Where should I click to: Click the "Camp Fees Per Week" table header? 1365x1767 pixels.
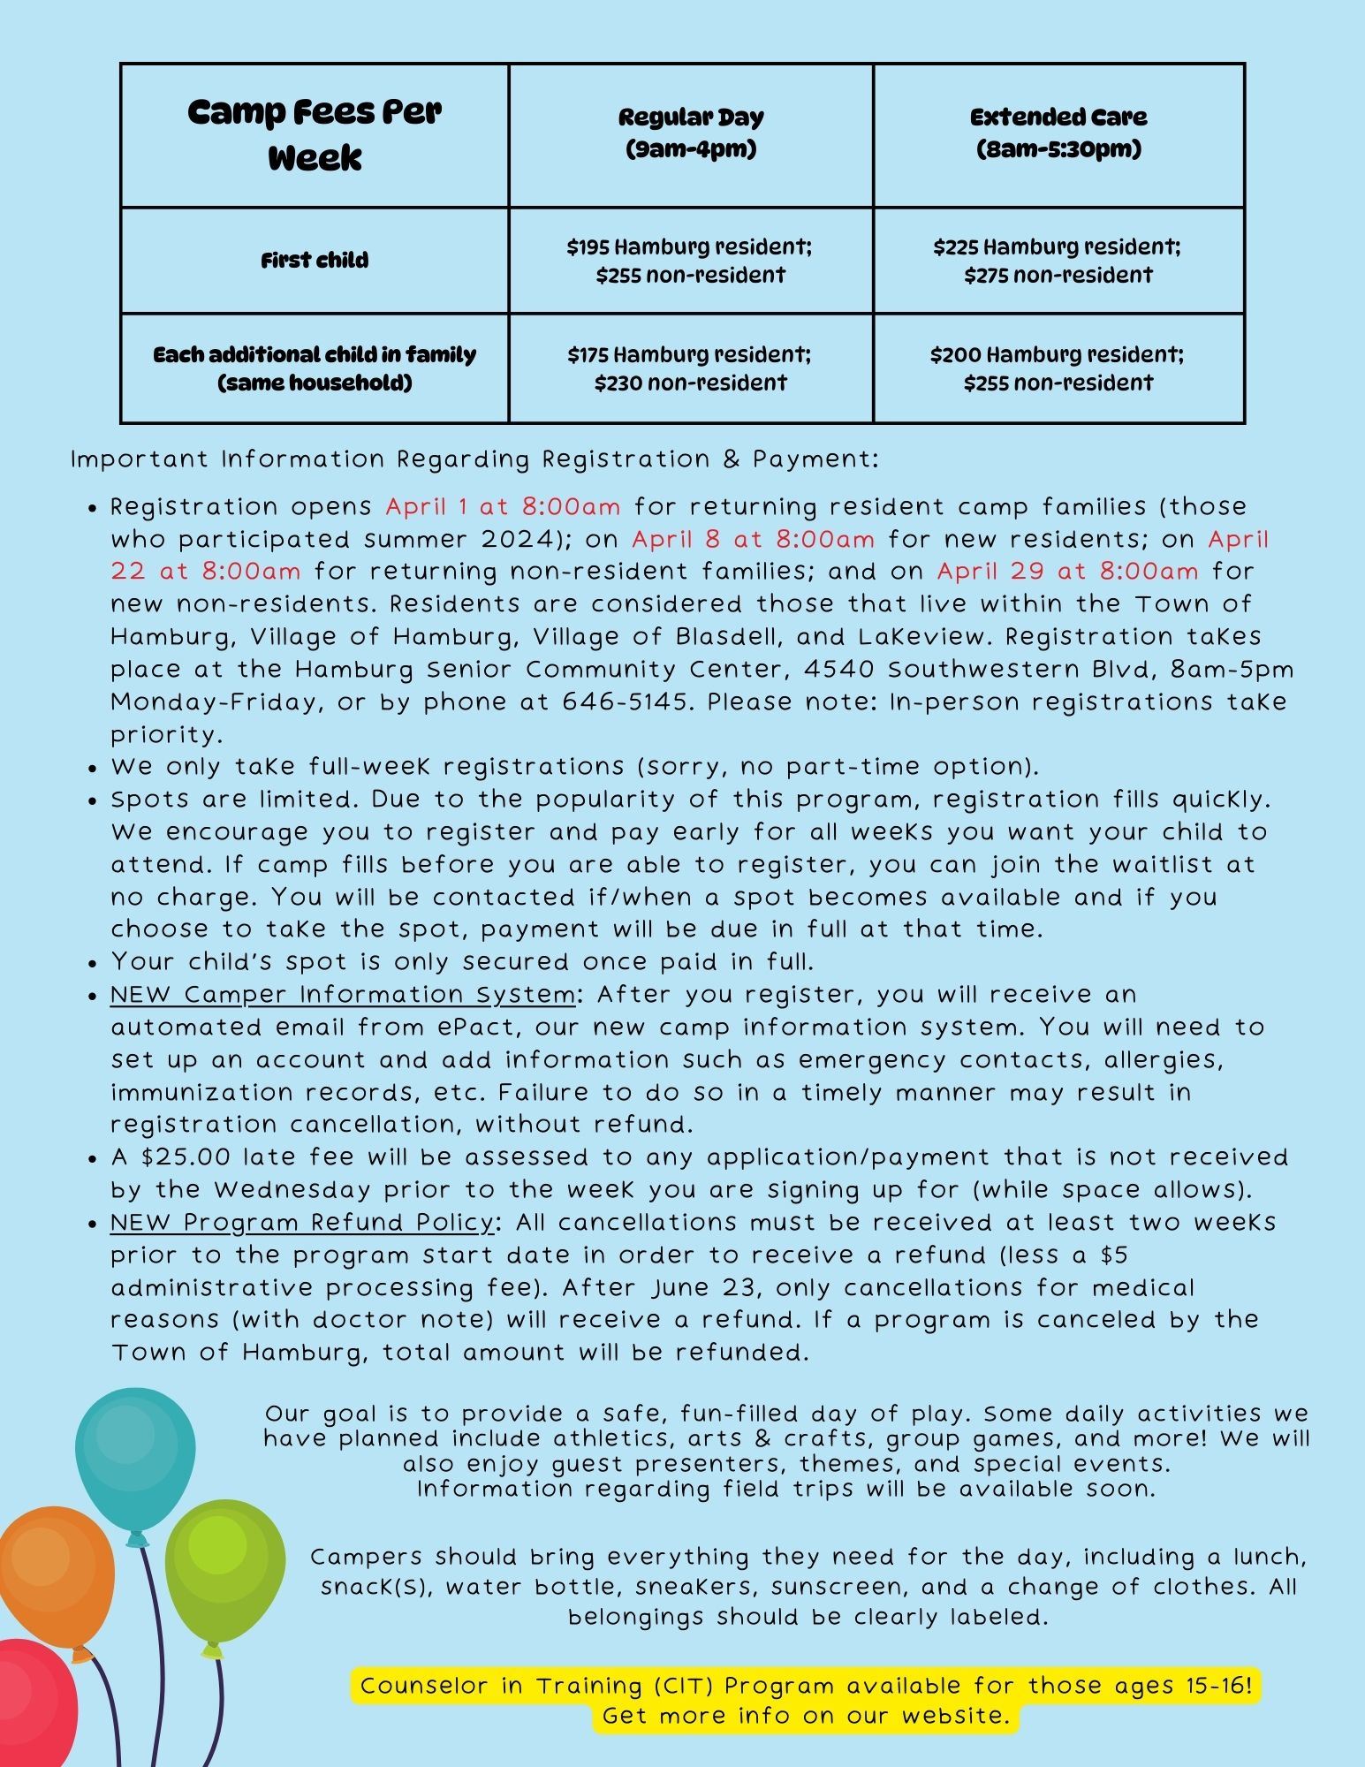tap(315, 135)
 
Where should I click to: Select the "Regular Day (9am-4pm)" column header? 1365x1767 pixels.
tap(691, 133)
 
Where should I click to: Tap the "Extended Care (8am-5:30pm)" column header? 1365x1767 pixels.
tap(1058, 133)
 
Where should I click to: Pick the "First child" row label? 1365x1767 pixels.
tap(315, 261)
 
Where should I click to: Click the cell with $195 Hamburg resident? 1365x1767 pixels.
tap(690, 261)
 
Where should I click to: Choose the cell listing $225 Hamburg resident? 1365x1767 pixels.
tap(1058, 261)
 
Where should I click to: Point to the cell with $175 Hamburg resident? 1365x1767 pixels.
tap(690, 368)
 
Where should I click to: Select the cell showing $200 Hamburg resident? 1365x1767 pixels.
tap(1058, 368)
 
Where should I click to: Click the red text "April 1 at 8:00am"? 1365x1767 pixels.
tap(503, 507)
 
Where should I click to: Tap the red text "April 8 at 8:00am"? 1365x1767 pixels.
tap(754, 540)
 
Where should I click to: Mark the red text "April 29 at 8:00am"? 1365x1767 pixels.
tap(1067, 572)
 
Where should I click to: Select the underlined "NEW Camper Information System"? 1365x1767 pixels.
tap(342, 995)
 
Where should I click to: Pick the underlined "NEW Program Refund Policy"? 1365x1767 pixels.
tap(301, 1223)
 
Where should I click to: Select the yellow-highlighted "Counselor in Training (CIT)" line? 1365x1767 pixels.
tap(805, 1686)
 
